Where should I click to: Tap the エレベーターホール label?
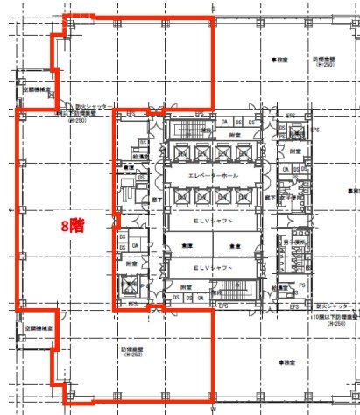(210, 175)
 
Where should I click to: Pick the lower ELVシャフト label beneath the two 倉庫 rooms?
(210, 266)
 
